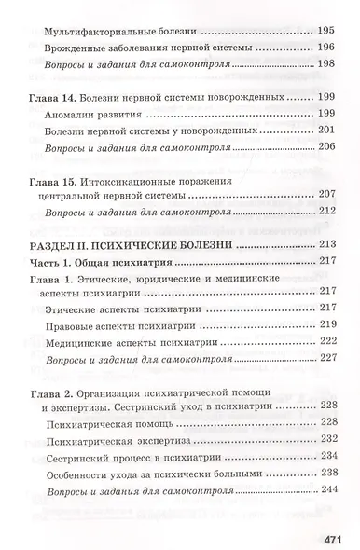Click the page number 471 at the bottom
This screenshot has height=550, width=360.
(331, 512)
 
